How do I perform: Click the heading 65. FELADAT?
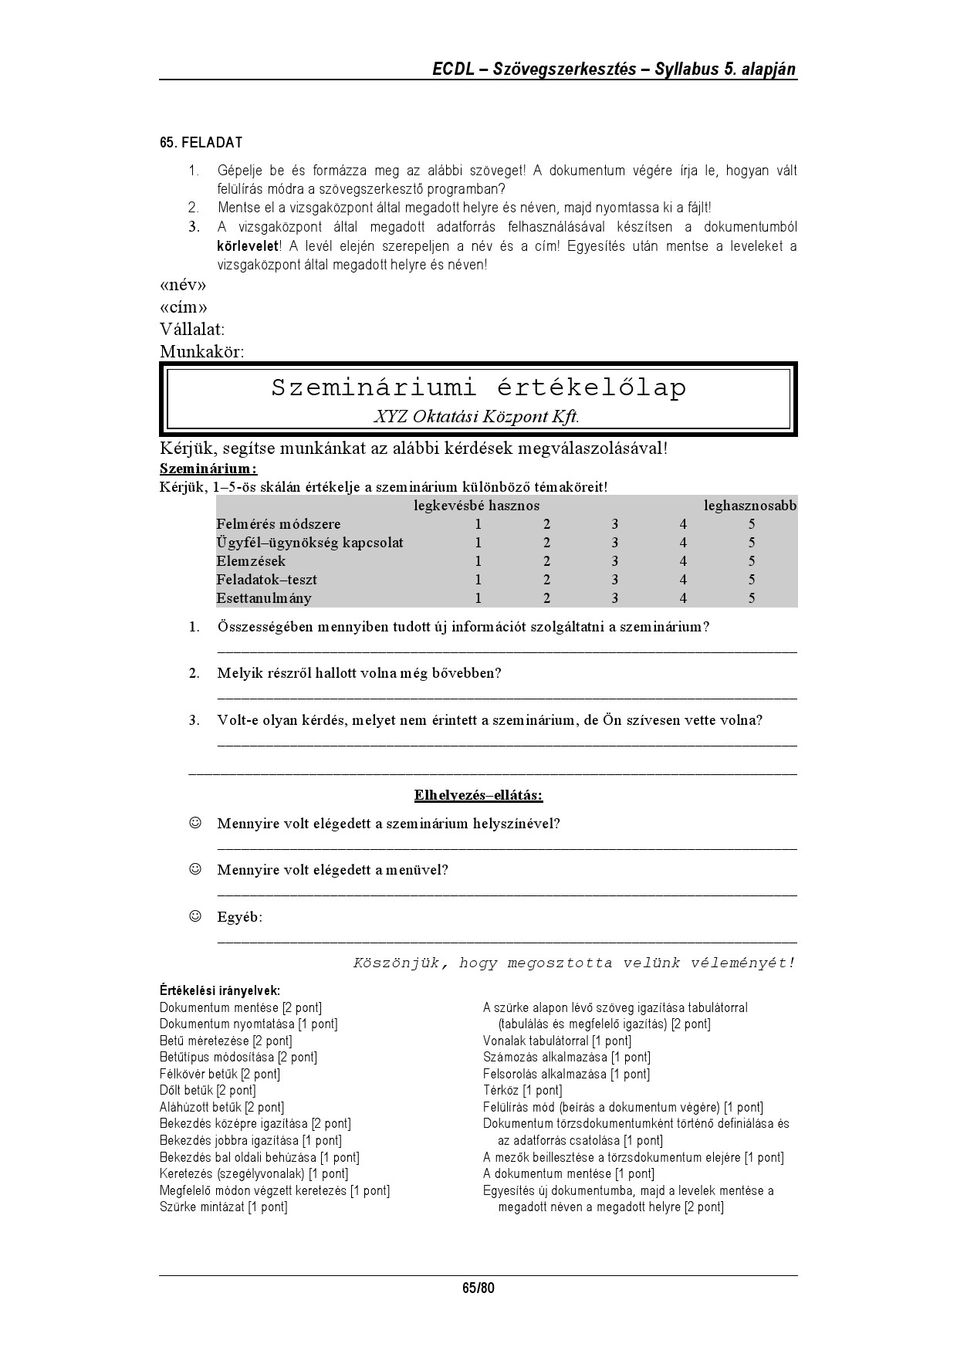tap(201, 143)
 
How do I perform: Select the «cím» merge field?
tap(184, 308)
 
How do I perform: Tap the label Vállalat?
tap(192, 330)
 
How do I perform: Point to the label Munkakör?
tap(201, 352)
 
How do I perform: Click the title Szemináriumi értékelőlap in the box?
tap(478, 388)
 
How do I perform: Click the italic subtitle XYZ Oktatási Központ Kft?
tap(476, 417)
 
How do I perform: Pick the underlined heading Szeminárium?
tap(208, 469)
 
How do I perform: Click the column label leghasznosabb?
tap(750, 506)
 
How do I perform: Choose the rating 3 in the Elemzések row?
tap(614, 561)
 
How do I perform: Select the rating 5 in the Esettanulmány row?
tap(752, 598)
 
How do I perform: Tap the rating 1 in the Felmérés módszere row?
tap(478, 524)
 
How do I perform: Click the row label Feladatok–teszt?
tap(266, 580)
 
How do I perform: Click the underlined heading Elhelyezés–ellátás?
tap(478, 795)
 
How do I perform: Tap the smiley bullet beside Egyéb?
tap(195, 916)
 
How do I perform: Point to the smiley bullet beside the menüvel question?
tap(195, 869)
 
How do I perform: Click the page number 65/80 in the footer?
tap(478, 1288)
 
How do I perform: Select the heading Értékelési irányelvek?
tap(219, 990)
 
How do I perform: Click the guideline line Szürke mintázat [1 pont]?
tap(223, 1207)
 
